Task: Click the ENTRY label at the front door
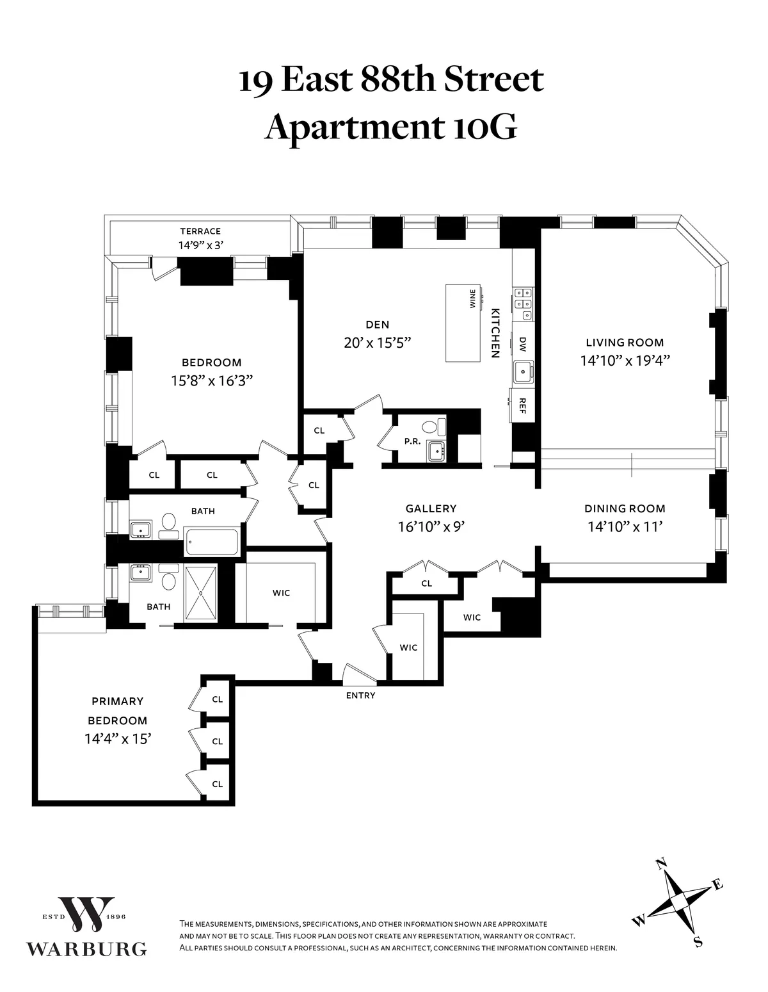pos(360,695)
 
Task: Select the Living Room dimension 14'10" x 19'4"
pos(625,361)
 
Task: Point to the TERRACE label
pos(200,231)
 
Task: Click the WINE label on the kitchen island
pos(473,299)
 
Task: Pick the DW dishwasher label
pos(522,345)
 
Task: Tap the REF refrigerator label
pos(522,405)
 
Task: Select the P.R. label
pos(411,441)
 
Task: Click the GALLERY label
pos(431,508)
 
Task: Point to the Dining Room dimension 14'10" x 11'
pos(625,527)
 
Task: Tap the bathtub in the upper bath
pos(211,542)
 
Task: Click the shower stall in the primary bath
pos(201,593)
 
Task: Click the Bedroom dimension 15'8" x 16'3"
pos(212,381)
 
